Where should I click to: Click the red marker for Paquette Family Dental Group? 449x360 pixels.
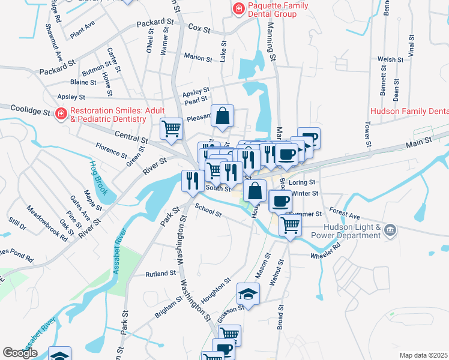click(238, 8)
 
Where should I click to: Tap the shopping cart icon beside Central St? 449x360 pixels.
click(172, 128)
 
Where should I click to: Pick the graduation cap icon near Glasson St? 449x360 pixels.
click(247, 294)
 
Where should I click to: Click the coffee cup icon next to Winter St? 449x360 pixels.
click(280, 200)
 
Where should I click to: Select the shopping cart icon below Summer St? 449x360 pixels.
click(290, 226)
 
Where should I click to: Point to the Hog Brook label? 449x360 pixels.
click(97, 178)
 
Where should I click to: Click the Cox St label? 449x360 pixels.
click(199, 28)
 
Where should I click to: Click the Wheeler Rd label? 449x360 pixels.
click(325, 256)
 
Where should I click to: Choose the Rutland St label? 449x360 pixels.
click(160, 274)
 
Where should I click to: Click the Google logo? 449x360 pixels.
click(20, 353)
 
